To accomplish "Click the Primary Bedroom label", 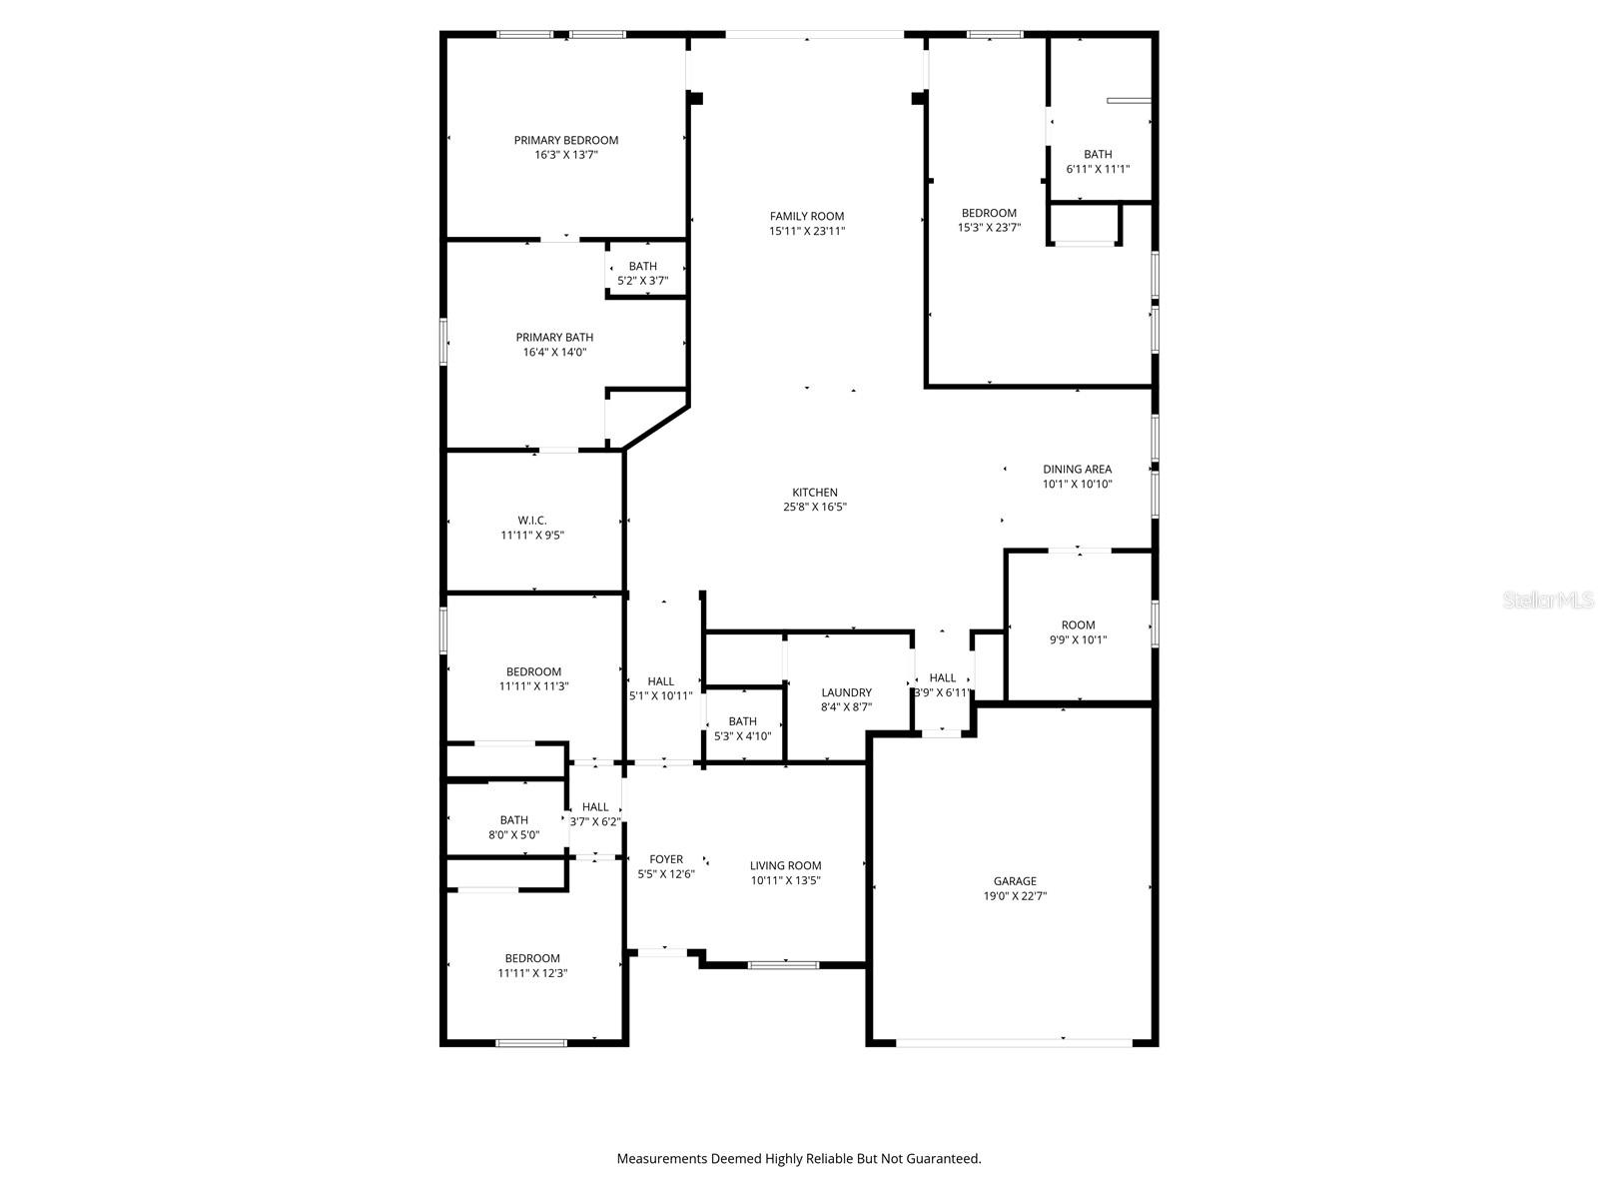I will tap(565, 140).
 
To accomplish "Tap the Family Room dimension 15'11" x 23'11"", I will tap(806, 231).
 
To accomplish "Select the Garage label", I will tap(1014, 881).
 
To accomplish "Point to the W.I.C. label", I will tap(532, 521).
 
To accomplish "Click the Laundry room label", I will tap(846, 692).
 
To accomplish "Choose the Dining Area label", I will tap(1077, 469).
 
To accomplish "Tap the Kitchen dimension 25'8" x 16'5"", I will tap(815, 507).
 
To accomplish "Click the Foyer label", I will tap(666, 859).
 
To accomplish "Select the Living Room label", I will tap(785, 866).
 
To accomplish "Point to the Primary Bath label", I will tap(554, 338).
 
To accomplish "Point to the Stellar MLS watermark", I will tap(1548, 600).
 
